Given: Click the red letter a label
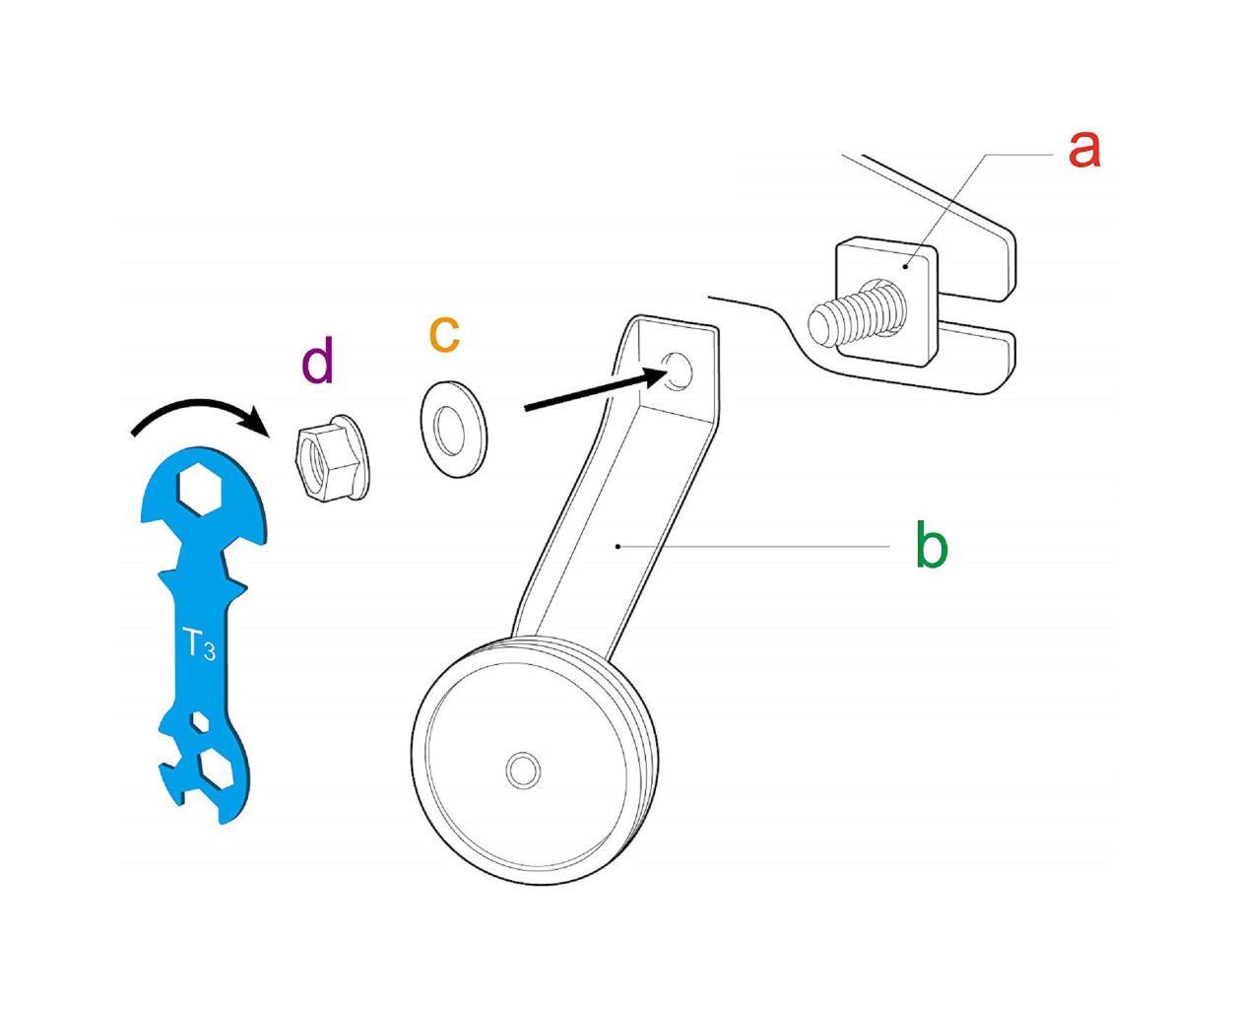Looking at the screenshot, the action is [1083, 151].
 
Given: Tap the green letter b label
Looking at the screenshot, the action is [932, 543].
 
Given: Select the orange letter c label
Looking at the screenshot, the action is [444, 335].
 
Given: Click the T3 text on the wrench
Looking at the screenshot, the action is [199, 644].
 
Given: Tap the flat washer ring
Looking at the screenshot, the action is [454, 430].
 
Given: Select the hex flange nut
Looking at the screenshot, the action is [332, 458].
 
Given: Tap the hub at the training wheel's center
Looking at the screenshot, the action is [523, 771].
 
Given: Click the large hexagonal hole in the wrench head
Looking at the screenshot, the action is [200, 490].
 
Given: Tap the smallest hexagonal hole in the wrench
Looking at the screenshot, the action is [200, 721].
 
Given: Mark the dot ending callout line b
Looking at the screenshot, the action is [617, 546].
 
